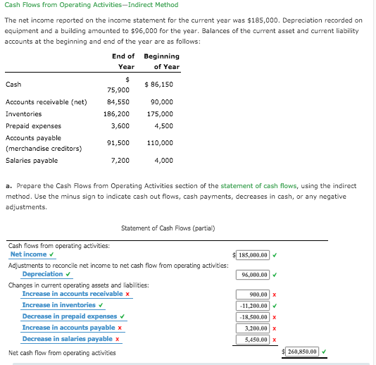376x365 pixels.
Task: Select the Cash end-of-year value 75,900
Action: coord(118,90)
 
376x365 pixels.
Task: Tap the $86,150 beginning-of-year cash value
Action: coord(158,85)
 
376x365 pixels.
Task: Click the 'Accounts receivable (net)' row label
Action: coord(46,102)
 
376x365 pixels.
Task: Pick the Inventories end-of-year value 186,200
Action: coord(116,114)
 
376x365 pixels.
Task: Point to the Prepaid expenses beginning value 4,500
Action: coord(163,126)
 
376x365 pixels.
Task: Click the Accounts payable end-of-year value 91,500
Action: coord(118,143)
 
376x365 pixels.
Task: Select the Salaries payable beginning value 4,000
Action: coord(163,161)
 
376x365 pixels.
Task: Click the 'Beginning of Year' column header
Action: coord(161,61)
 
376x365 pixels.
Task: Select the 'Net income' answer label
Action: coord(28,254)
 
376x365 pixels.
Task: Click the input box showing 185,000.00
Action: coord(254,255)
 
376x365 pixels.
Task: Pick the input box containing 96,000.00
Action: coord(254,275)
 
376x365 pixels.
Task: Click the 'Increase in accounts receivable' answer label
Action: coord(73,294)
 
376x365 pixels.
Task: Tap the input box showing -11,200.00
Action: coord(254,306)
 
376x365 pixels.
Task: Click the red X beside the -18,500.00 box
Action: coord(274,317)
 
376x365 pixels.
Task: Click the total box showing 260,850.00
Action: coord(302,351)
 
